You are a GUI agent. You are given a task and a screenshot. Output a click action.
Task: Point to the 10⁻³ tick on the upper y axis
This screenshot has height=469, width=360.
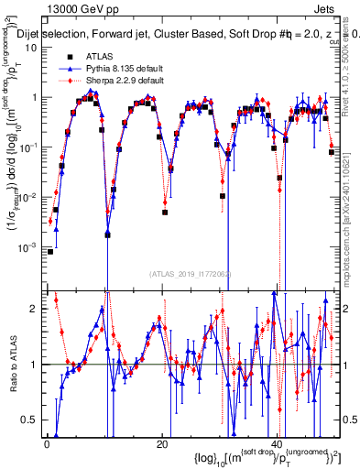click(x=30, y=247)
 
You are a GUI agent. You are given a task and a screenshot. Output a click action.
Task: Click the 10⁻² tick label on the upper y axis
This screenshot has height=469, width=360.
click(x=30, y=197)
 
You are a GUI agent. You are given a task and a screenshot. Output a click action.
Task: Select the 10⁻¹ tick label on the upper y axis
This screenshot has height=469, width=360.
click(x=30, y=147)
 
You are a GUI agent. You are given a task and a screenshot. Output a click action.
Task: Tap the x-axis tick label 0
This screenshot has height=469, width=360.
click(x=47, y=442)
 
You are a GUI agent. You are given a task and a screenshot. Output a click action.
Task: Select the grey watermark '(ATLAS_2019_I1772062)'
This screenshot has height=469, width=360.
click(x=191, y=273)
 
